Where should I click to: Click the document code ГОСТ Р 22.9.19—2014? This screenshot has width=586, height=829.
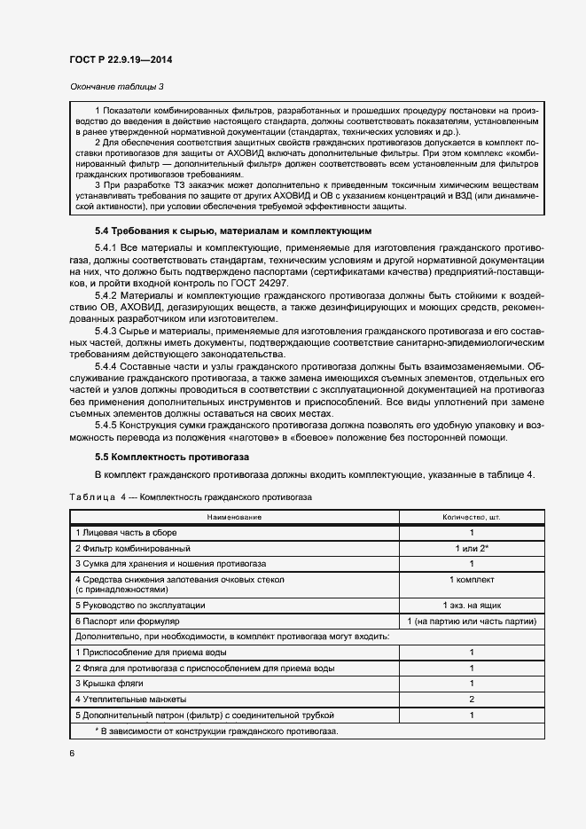coord(121,60)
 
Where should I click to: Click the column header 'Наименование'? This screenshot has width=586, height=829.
coord(234,516)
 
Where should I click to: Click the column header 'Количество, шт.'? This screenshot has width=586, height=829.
coord(472,516)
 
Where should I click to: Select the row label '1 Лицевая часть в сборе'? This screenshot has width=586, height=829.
coord(128,532)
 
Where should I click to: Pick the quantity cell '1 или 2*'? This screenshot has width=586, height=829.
coord(472,548)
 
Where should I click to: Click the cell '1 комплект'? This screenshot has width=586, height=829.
coord(472,579)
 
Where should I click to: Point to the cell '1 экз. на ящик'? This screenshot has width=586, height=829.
coord(472,605)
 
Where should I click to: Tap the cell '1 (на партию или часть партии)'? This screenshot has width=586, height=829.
coord(472,621)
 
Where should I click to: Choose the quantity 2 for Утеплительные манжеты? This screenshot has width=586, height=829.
coord(472,700)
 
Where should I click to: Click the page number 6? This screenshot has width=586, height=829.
coord(72,753)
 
